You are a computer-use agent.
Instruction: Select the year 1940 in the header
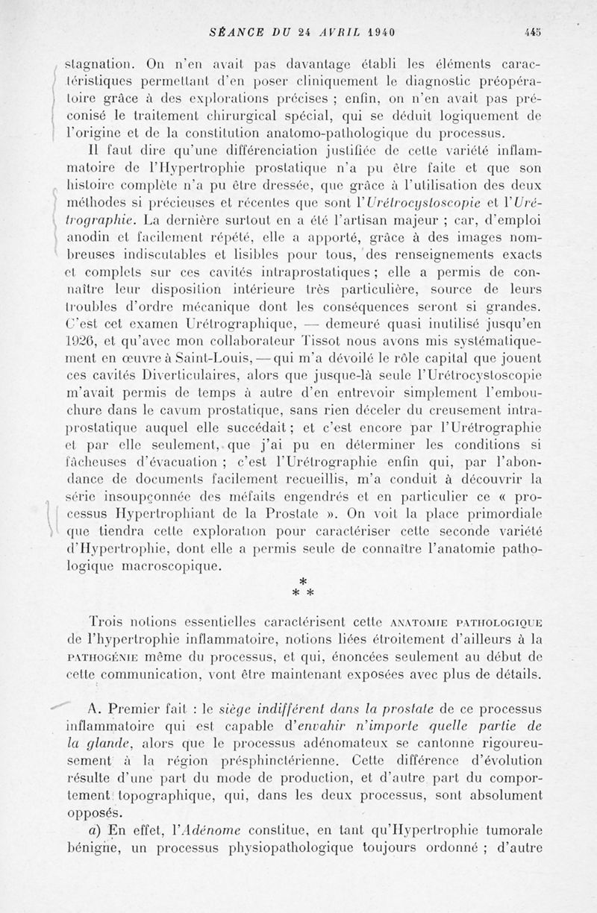(379, 31)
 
